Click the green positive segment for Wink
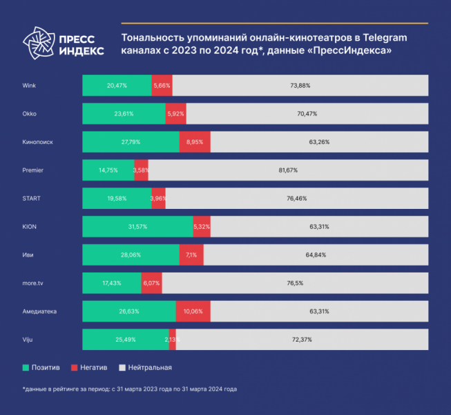[x=117, y=85]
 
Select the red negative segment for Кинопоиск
[x=195, y=142]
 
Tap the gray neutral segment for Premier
[x=288, y=170]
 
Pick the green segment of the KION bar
[x=137, y=226]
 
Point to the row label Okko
[x=30, y=113]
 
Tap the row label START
[x=32, y=199]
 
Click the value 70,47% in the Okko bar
[x=307, y=113]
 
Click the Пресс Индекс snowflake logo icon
[x=37, y=43]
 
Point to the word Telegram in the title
[x=382, y=37]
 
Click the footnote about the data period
[x=130, y=389]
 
